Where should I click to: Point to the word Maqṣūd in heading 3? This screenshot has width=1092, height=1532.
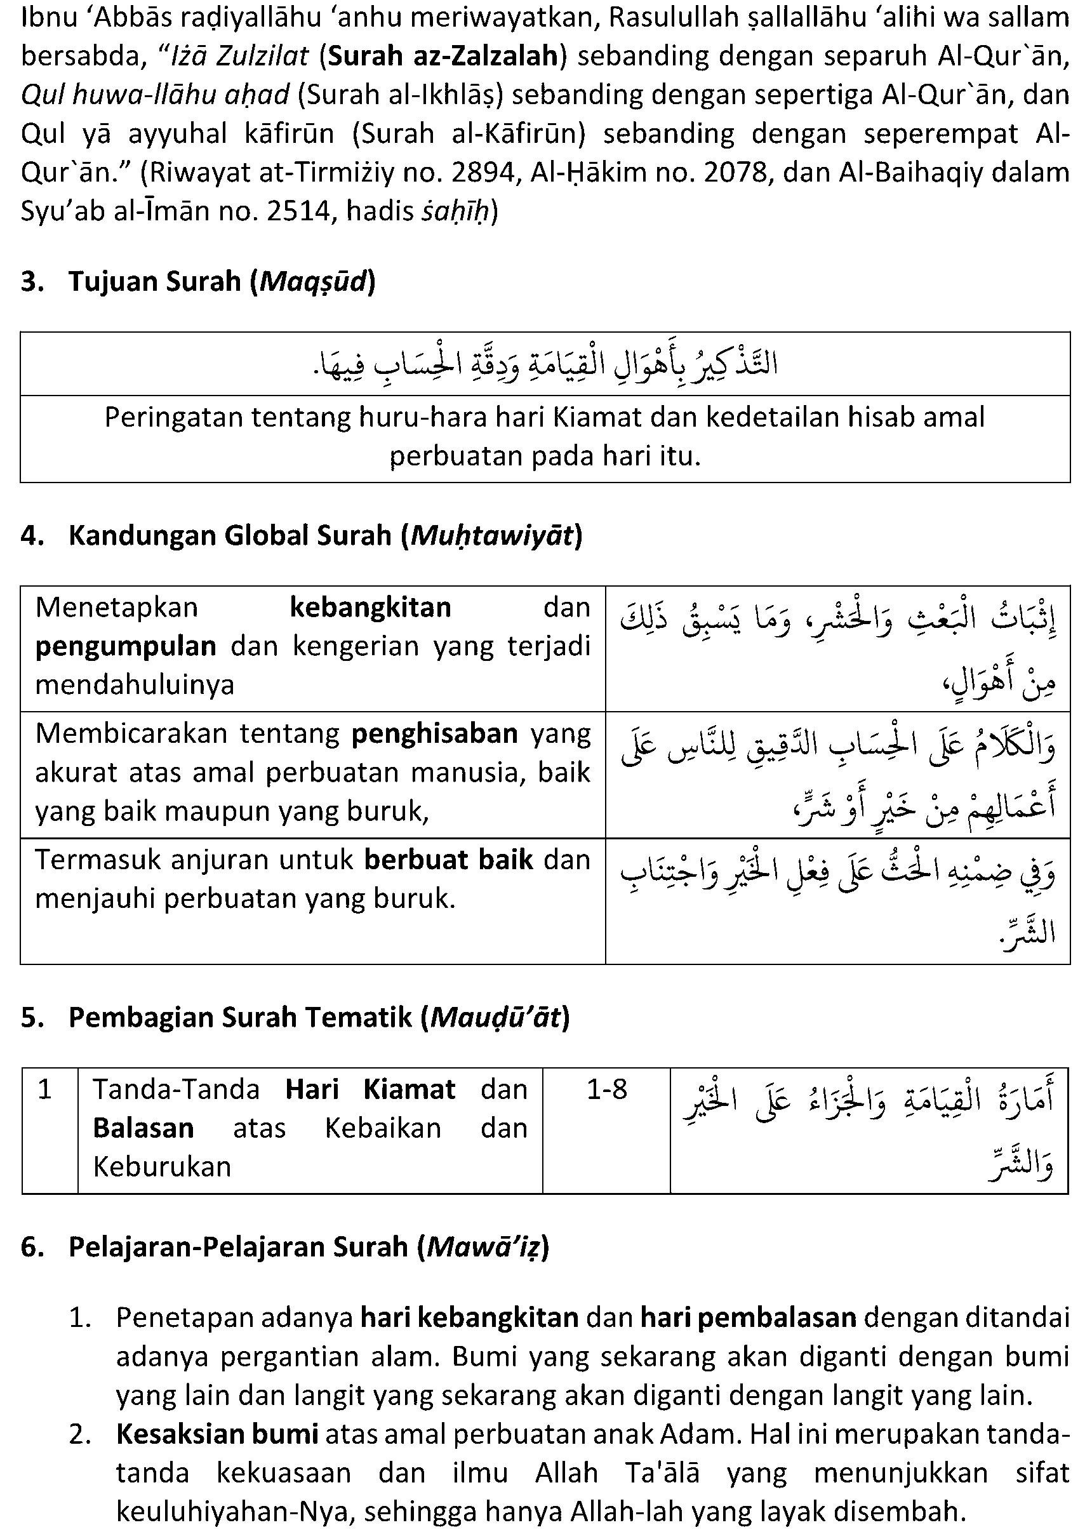coord(312,282)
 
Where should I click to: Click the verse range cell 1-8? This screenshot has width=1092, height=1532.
coord(606,1089)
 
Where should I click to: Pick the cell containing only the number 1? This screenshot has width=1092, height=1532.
coord(45,1089)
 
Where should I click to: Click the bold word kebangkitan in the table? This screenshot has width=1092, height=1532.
coord(370,608)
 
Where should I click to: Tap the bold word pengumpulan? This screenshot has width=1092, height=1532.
coord(126,647)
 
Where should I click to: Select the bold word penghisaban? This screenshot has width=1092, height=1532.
coord(434,733)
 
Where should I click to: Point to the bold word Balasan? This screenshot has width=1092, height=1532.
coord(143,1128)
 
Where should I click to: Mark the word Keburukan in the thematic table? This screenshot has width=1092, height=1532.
coord(162,1166)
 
